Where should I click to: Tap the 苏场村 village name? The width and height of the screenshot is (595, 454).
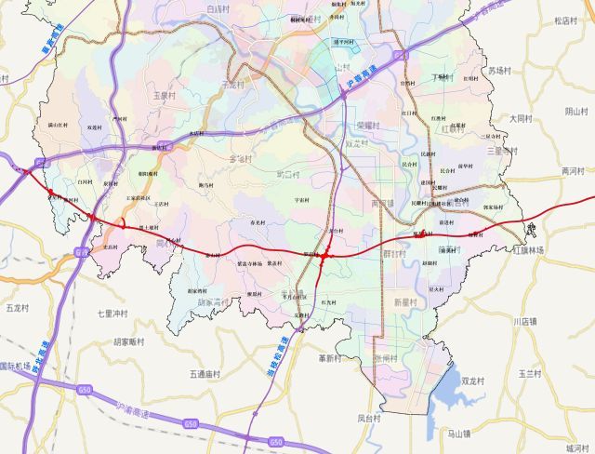click(x=500, y=70)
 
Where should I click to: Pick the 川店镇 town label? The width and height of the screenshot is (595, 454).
click(x=525, y=321)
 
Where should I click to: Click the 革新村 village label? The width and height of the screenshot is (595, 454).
click(x=330, y=357)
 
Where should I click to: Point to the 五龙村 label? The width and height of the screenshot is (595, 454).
click(x=18, y=306)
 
